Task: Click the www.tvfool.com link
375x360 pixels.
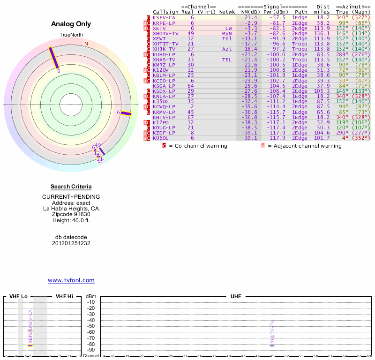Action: coord(71,280)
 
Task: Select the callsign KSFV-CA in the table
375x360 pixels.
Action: coord(164,17)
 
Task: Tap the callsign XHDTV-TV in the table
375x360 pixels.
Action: coord(165,33)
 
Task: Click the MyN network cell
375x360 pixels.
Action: coord(227,33)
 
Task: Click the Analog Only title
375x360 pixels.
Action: coord(71,24)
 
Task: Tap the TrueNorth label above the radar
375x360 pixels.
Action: coord(71,35)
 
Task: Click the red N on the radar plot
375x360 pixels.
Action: coord(86,44)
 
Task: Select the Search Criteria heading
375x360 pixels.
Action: coord(71,187)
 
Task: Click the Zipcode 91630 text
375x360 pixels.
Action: coord(71,214)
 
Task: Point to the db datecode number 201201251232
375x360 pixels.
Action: coord(71,243)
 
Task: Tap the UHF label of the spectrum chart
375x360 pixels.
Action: coord(235,297)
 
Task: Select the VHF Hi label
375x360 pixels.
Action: coord(64,297)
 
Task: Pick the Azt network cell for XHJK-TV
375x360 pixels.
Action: coord(227,49)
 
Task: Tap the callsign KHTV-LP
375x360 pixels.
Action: coord(164,117)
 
